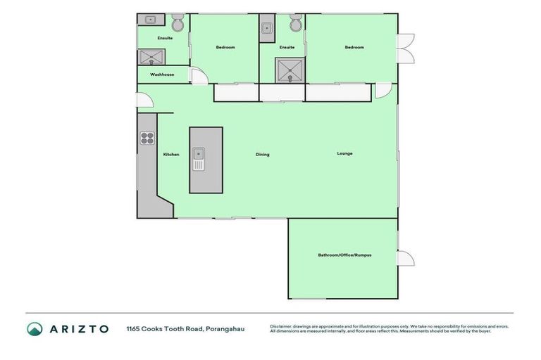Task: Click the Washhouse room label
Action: click(x=162, y=75)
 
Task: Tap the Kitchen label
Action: click(x=171, y=154)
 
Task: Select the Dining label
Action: click(x=262, y=154)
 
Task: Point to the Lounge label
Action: click(x=344, y=153)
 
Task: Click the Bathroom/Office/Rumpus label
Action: click(x=344, y=255)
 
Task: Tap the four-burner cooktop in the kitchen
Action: click(x=147, y=138)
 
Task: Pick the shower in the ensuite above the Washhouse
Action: click(x=151, y=57)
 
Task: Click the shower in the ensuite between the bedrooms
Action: click(x=289, y=70)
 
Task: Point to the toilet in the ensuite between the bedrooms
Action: click(x=296, y=24)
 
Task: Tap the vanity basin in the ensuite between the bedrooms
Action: click(x=267, y=28)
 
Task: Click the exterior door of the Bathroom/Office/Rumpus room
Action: click(x=404, y=258)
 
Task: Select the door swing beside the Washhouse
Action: click(x=199, y=77)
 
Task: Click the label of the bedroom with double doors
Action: click(x=354, y=47)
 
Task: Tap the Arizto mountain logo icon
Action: click(x=35, y=328)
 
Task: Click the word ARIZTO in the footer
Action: click(x=78, y=328)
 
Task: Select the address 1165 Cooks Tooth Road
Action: click(x=185, y=328)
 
